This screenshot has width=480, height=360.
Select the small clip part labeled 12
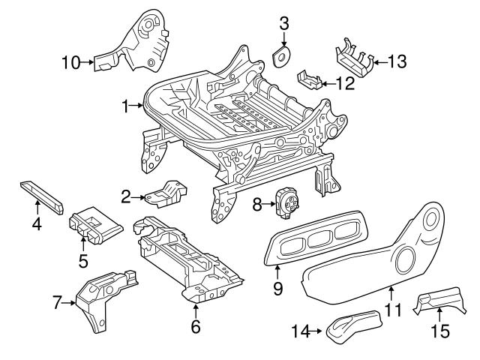point(310,79)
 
